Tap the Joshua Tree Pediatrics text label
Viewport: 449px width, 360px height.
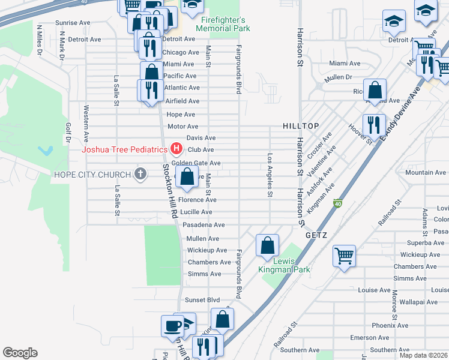coord(125,149)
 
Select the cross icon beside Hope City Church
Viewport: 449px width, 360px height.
coord(140,175)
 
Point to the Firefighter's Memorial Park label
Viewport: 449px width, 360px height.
coord(224,24)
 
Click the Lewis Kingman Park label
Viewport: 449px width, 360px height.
coord(284,265)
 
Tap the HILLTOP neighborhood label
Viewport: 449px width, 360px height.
coord(301,125)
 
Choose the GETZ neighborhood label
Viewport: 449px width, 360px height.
coord(316,235)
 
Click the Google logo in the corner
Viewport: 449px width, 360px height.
coord(20,353)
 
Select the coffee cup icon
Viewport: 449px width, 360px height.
coord(172,326)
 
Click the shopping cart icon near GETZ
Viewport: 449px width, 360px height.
coord(345,256)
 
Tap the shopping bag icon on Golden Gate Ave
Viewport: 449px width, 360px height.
coord(187,176)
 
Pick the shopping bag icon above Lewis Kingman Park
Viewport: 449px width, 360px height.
coord(267,245)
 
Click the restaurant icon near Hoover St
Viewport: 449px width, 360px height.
coord(374,125)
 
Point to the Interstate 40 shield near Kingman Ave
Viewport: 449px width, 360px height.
coord(339,204)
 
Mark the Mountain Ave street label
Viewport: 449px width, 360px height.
coord(425,173)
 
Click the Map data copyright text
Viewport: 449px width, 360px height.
coord(423,355)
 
